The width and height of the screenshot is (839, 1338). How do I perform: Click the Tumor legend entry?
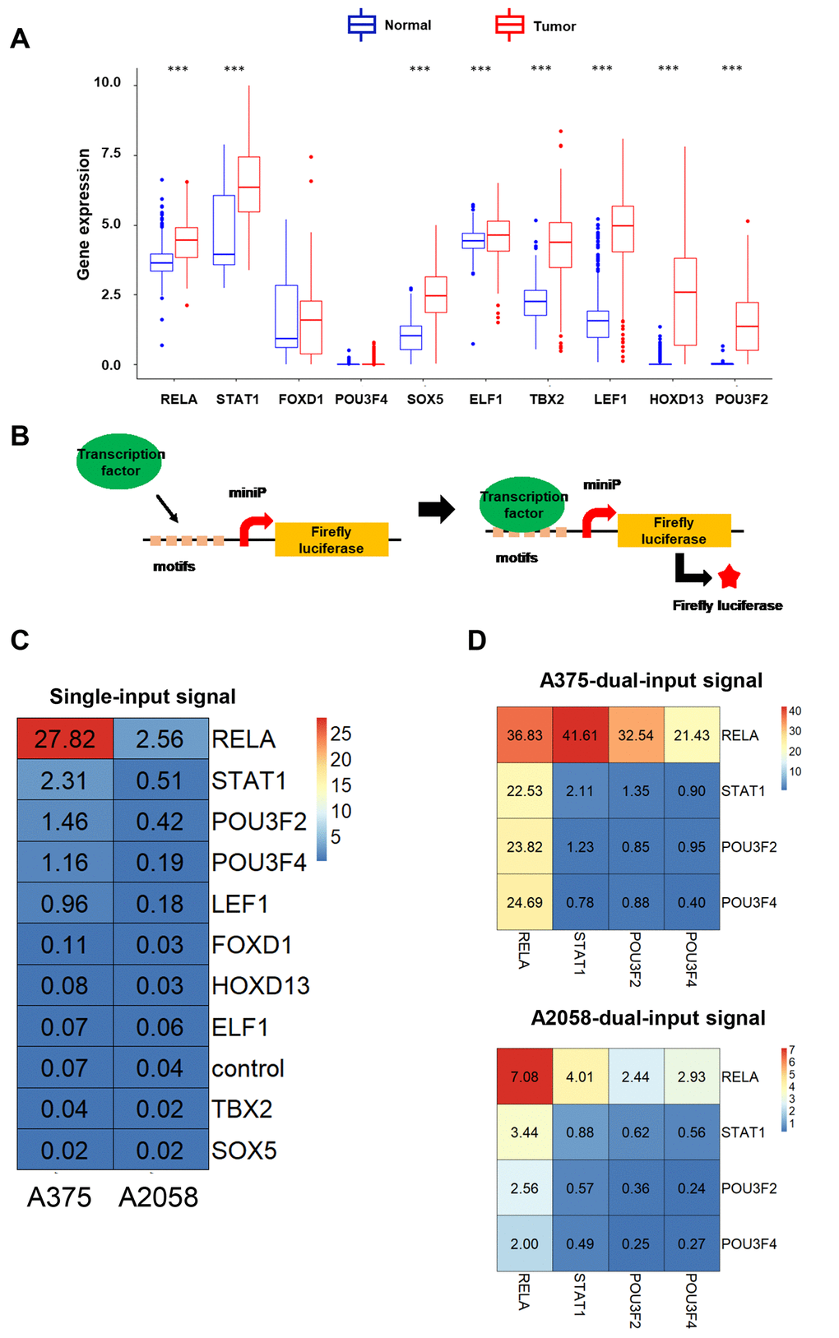(535, 25)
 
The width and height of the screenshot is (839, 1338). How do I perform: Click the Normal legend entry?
(389, 25)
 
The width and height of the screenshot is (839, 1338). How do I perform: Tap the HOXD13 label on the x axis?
(676, 399)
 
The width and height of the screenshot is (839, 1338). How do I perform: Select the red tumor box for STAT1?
(248, 184)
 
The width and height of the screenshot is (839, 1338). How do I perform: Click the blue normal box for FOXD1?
(286, 316)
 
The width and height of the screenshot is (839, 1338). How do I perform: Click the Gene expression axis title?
(83, 214)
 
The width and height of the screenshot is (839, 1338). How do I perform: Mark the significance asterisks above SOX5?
(419, 69)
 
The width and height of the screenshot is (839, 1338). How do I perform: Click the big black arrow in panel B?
(436, 509)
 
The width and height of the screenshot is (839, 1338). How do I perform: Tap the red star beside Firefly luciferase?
(729, 577)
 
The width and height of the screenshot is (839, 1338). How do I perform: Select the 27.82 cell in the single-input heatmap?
(65, 738)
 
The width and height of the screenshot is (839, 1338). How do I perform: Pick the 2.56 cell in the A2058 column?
(160, 738)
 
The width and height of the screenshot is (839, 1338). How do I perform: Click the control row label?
(248, 1068)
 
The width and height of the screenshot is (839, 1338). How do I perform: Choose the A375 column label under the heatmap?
(59, 1197)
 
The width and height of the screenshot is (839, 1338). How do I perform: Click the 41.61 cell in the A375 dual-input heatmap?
(580, 735)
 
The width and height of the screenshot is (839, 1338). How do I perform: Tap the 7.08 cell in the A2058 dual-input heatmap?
(525, 1076)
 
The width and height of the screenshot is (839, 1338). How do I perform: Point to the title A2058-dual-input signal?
(648, 1018)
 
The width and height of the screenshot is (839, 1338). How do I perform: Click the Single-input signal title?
(142, 697)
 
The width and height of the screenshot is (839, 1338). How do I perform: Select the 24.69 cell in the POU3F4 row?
(525, 902)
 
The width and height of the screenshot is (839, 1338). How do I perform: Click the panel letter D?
(477, 640)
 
